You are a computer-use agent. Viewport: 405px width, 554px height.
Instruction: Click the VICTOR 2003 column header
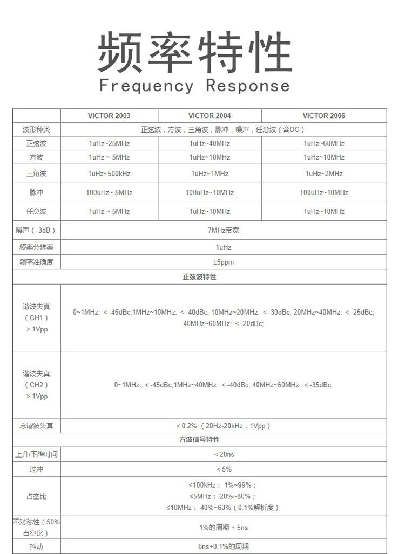pyautogui.click(x=109, y=116)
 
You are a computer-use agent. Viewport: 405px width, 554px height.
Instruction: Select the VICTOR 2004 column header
pyautogui.click(x=210, y=116)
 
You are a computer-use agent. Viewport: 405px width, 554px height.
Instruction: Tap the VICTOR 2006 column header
pyautogui.click(x=323, y=116)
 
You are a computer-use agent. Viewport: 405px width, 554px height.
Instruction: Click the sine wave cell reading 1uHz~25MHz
pyautogui.click(x=109, y=143)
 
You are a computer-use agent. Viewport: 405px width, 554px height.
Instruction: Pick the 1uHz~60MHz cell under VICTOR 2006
pyautogui.click(x=323, y=143)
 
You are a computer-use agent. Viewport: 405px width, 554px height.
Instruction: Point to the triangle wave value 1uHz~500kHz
pyautogui.click(x=109, y=174)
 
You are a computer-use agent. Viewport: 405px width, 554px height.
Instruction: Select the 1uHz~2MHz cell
pyautogui.click(x=323, y=174)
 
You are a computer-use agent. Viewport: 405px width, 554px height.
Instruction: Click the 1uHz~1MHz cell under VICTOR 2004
pyautogui.click(x=210, y=174)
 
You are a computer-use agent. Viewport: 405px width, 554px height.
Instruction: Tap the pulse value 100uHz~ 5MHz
pyautogui.click(x=109, y=192)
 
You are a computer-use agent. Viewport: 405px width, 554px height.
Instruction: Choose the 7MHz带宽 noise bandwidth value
pyautogui.click(x=223, y=230)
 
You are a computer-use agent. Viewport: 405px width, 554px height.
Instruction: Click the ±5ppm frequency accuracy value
pyautogui.click(x=223, y=262)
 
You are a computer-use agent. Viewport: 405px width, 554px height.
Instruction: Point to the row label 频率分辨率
pyautogui.click(x=36, y=247)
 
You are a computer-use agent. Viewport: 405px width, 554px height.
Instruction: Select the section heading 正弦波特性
pyautogui.click(x=199, y=277)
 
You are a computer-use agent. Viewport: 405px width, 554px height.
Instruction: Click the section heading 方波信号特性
pyautogui.click(x=199, y=440)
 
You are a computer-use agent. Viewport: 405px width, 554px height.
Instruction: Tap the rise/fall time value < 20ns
pyautogui.click(x=224, y=454)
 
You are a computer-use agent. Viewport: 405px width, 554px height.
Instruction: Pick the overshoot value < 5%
pyautogui.click(x=224, y=469)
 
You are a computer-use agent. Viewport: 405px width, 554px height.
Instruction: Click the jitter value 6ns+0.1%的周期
pyautogui.click(x=224, y=546)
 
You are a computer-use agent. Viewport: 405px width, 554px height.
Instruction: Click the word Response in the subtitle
pyautogui.click(x=248, y=86)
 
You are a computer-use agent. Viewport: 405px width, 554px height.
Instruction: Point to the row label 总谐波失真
pyautogui.click(x=36, y=426)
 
